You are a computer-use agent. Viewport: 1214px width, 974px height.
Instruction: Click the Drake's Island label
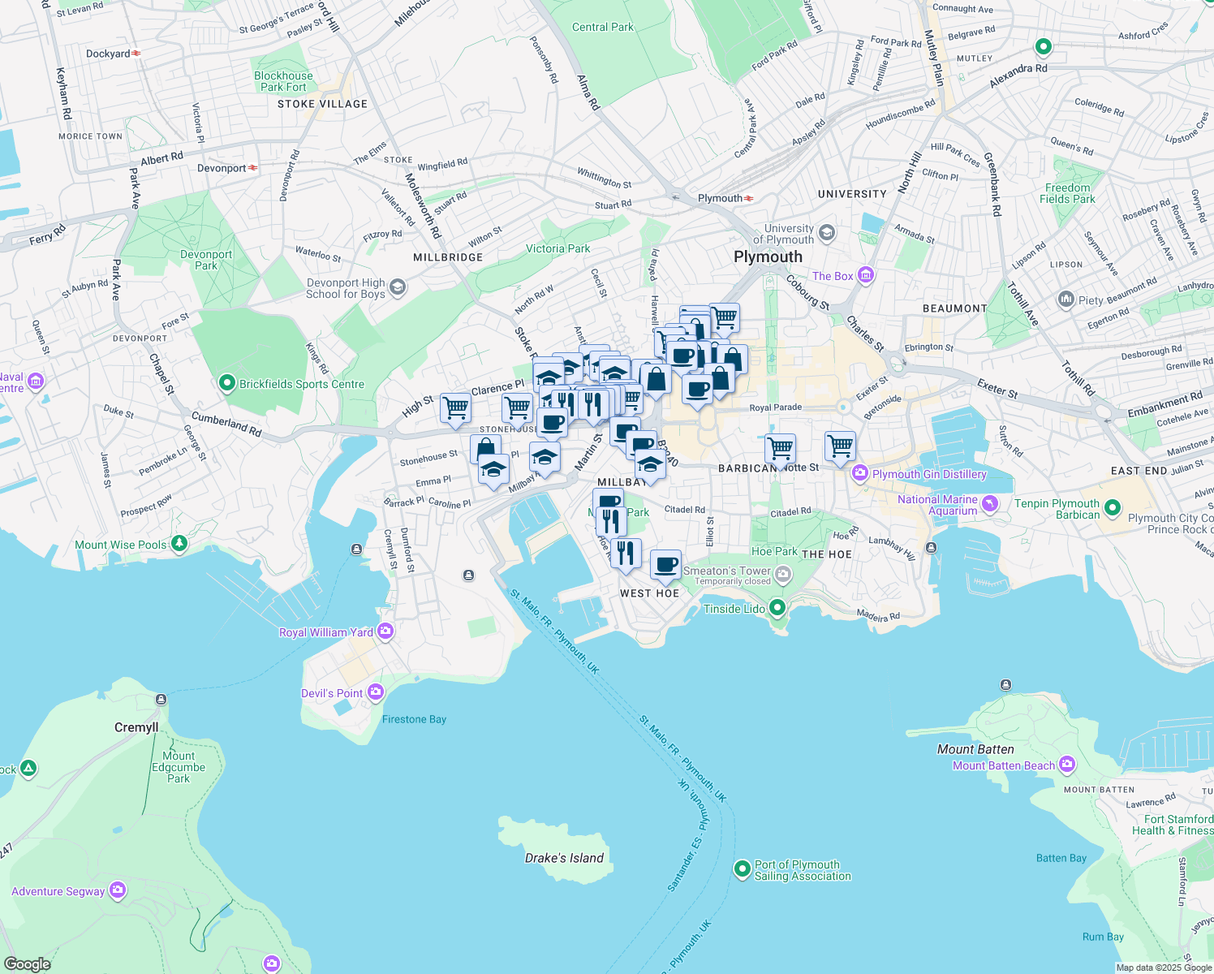coord(564,858)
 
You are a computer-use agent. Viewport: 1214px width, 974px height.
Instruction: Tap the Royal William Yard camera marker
coord(385,631)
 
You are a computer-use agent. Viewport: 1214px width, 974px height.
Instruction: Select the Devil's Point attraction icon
coord(375,692)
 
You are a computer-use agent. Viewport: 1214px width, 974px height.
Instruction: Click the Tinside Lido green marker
coord(777,607)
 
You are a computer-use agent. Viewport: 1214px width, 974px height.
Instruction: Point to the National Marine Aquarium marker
coord(989,504)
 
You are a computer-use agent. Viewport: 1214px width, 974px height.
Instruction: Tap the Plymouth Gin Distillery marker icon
coord(859,473)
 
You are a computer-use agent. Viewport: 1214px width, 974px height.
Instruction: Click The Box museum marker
coord(865,275)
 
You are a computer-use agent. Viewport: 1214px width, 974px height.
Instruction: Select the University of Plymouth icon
coord(826,234)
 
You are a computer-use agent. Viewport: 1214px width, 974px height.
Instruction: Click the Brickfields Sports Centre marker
coord(227,383)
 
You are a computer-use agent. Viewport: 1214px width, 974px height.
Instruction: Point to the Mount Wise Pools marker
coord(179,544)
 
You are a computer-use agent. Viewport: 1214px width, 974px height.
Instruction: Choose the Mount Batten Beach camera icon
coord(1066,764)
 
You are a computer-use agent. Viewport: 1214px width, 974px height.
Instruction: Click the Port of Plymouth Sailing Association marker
coord(742,869)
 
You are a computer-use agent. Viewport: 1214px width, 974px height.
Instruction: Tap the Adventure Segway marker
coord(118,890)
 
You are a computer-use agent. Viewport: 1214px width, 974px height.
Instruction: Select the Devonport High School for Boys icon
coord(397,287)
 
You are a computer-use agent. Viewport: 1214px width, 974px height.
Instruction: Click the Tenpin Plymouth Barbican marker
coord(1112,508)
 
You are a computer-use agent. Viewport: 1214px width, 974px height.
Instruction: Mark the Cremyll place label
coord(136,727)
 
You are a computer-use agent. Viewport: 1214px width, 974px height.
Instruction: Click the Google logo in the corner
coord(28,963)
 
